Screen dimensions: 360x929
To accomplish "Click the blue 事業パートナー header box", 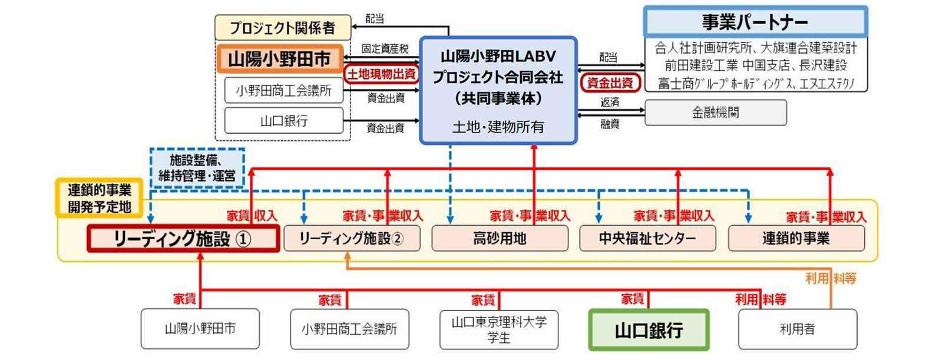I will [x=755, y=22].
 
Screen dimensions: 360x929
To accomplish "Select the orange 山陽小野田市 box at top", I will [x=279, y=59].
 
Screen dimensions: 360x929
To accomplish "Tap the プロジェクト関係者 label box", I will [x=283, y=28].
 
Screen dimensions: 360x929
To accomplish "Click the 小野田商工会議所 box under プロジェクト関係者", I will [x=283, y=91].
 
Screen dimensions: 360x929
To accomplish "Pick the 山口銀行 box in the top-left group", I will [x=283, y=121].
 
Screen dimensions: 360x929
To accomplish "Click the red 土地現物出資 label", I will [x=381, y=74].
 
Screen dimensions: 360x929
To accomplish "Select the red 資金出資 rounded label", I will [x=610, y=82].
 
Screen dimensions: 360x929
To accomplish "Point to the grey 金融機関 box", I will [x=715, y=113].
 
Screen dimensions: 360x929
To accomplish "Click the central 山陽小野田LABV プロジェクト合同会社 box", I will [x=498, y=90].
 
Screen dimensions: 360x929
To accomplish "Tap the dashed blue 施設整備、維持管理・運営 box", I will [x=197, y=167].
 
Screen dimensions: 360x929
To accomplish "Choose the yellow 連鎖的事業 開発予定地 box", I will [x=99, y=198].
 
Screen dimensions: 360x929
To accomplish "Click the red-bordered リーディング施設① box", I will [x=183, y=239].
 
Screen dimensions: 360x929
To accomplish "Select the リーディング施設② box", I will [x=352, y=239].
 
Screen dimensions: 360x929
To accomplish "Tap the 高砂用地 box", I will [x=500, y=239].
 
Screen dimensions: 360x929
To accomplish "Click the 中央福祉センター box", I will [x=647, y=239].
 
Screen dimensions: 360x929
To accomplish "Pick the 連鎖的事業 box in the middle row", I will [x=796, y=239].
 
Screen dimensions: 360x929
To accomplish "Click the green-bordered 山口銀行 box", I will [x=649, y=330].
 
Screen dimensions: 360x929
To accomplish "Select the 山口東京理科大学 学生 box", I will [x=499, y=330].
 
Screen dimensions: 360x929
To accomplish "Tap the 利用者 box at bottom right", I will [x=797, y=330].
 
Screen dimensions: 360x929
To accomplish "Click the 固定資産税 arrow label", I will [x=385, y=49].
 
